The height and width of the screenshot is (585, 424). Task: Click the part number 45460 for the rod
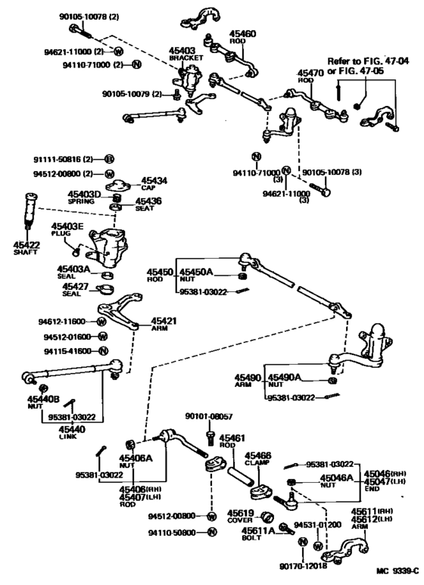coord(242,34)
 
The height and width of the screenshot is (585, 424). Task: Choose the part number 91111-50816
coord(63,159)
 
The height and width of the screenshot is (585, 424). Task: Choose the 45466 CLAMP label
coord(257,459)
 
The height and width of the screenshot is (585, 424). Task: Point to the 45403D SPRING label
coord(84,198)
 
